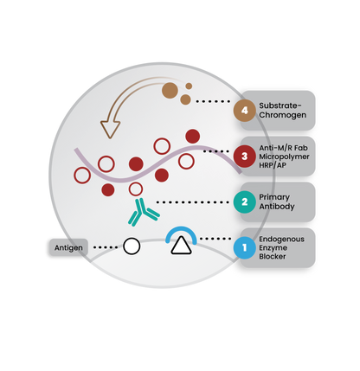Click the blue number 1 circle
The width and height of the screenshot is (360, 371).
(245, 247)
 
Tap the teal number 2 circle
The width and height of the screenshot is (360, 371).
(245, 201)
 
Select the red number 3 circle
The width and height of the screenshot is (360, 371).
(245, 157)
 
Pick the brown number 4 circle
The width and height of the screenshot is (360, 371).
(245, 111)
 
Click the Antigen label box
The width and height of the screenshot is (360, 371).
(68, 247)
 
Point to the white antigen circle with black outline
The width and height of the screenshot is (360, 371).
(132, 246)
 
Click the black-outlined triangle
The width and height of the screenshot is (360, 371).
(181, 246)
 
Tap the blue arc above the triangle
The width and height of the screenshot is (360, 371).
(181, 228)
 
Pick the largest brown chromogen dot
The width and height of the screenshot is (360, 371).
(170, 91)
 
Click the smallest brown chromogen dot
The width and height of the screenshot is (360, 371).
(189, 86)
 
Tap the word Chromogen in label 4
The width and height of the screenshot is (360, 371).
(283, 115)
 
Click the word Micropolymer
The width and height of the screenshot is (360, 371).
(284, 157)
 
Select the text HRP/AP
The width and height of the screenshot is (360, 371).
(273, 165)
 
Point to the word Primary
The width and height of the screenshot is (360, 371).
(274, 197)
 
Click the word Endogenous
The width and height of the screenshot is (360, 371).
(281, 240)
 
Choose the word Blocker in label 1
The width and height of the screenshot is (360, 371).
(273, 256)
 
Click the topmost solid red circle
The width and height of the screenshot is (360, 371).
(193, 137)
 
